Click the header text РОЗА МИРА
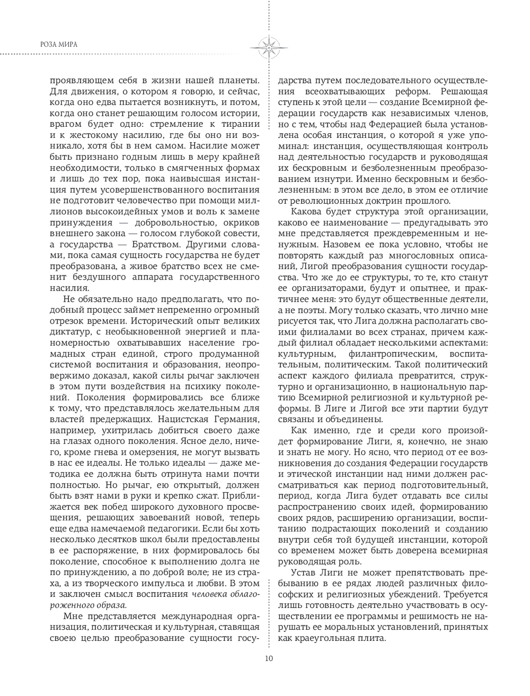59,44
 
